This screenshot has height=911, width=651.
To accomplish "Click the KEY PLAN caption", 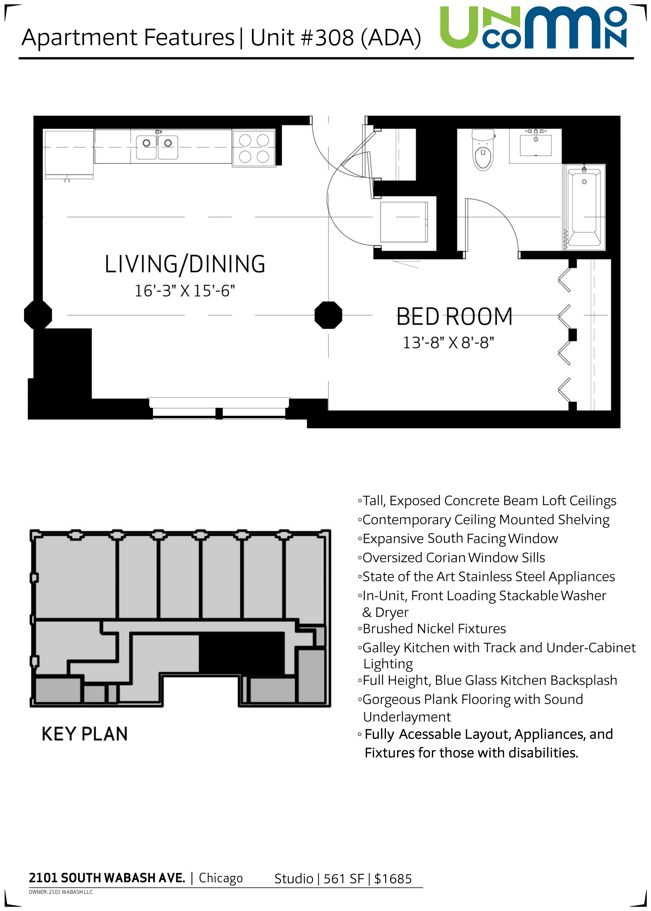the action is (85, 734).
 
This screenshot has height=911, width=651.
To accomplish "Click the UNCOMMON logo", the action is (534, 28).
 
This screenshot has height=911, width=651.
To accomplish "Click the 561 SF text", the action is (344, 879).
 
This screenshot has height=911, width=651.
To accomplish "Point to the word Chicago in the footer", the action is (221, 878).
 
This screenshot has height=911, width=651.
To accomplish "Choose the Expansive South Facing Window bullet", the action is (458, 539).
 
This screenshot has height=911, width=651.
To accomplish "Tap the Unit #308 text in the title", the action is (302, 38).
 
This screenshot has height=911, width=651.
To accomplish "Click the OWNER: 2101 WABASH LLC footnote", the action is (61, 892).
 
